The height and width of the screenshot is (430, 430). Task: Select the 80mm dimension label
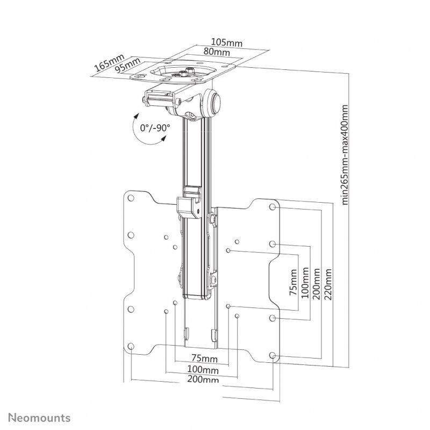coord(218,53)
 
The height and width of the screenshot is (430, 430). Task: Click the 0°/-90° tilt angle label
coord(155,128)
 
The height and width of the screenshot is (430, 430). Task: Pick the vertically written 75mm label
coord(293,283)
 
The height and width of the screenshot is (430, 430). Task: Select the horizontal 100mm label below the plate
coord(203,370)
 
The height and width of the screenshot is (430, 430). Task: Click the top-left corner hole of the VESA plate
coord(130,197)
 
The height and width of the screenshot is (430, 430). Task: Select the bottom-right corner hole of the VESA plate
coord(273,355)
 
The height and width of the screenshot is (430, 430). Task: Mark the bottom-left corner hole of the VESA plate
coord(131,347)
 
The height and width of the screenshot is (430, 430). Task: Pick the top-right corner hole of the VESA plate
coord(272,206)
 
